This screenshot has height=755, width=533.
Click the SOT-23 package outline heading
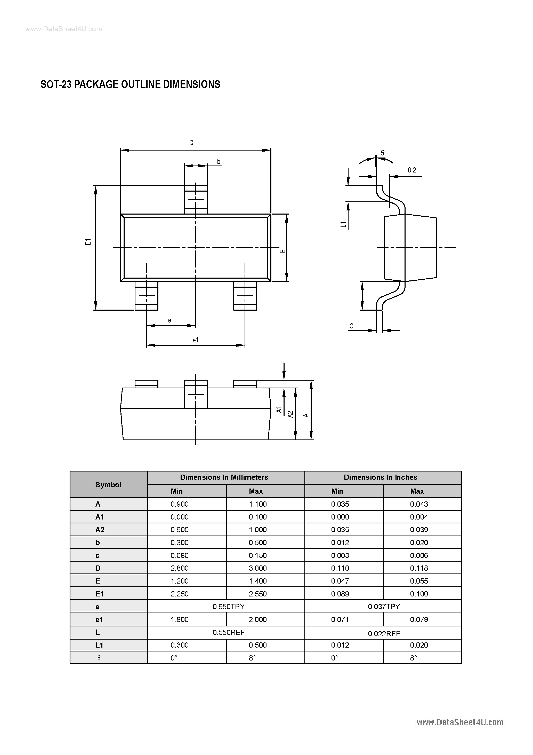pos(130,84)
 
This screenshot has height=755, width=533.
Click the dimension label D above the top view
pos(191,143)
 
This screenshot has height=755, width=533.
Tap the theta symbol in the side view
pos(382,153)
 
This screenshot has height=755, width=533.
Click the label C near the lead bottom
pos(351,326)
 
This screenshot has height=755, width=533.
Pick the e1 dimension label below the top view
pos(196,340)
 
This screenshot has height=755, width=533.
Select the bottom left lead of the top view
pos(146,296)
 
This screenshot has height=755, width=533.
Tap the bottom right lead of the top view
pos(245,296)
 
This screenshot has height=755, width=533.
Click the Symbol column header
pos(108,485)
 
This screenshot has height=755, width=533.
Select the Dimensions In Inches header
pos(380,477)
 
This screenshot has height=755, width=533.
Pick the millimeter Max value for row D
pos(258,568)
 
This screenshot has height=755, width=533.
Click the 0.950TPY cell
pos(228,606)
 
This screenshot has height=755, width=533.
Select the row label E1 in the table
pos(100,594)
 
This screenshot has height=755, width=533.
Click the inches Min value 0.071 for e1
pos(340,619)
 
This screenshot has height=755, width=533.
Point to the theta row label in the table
pos(99,658)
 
